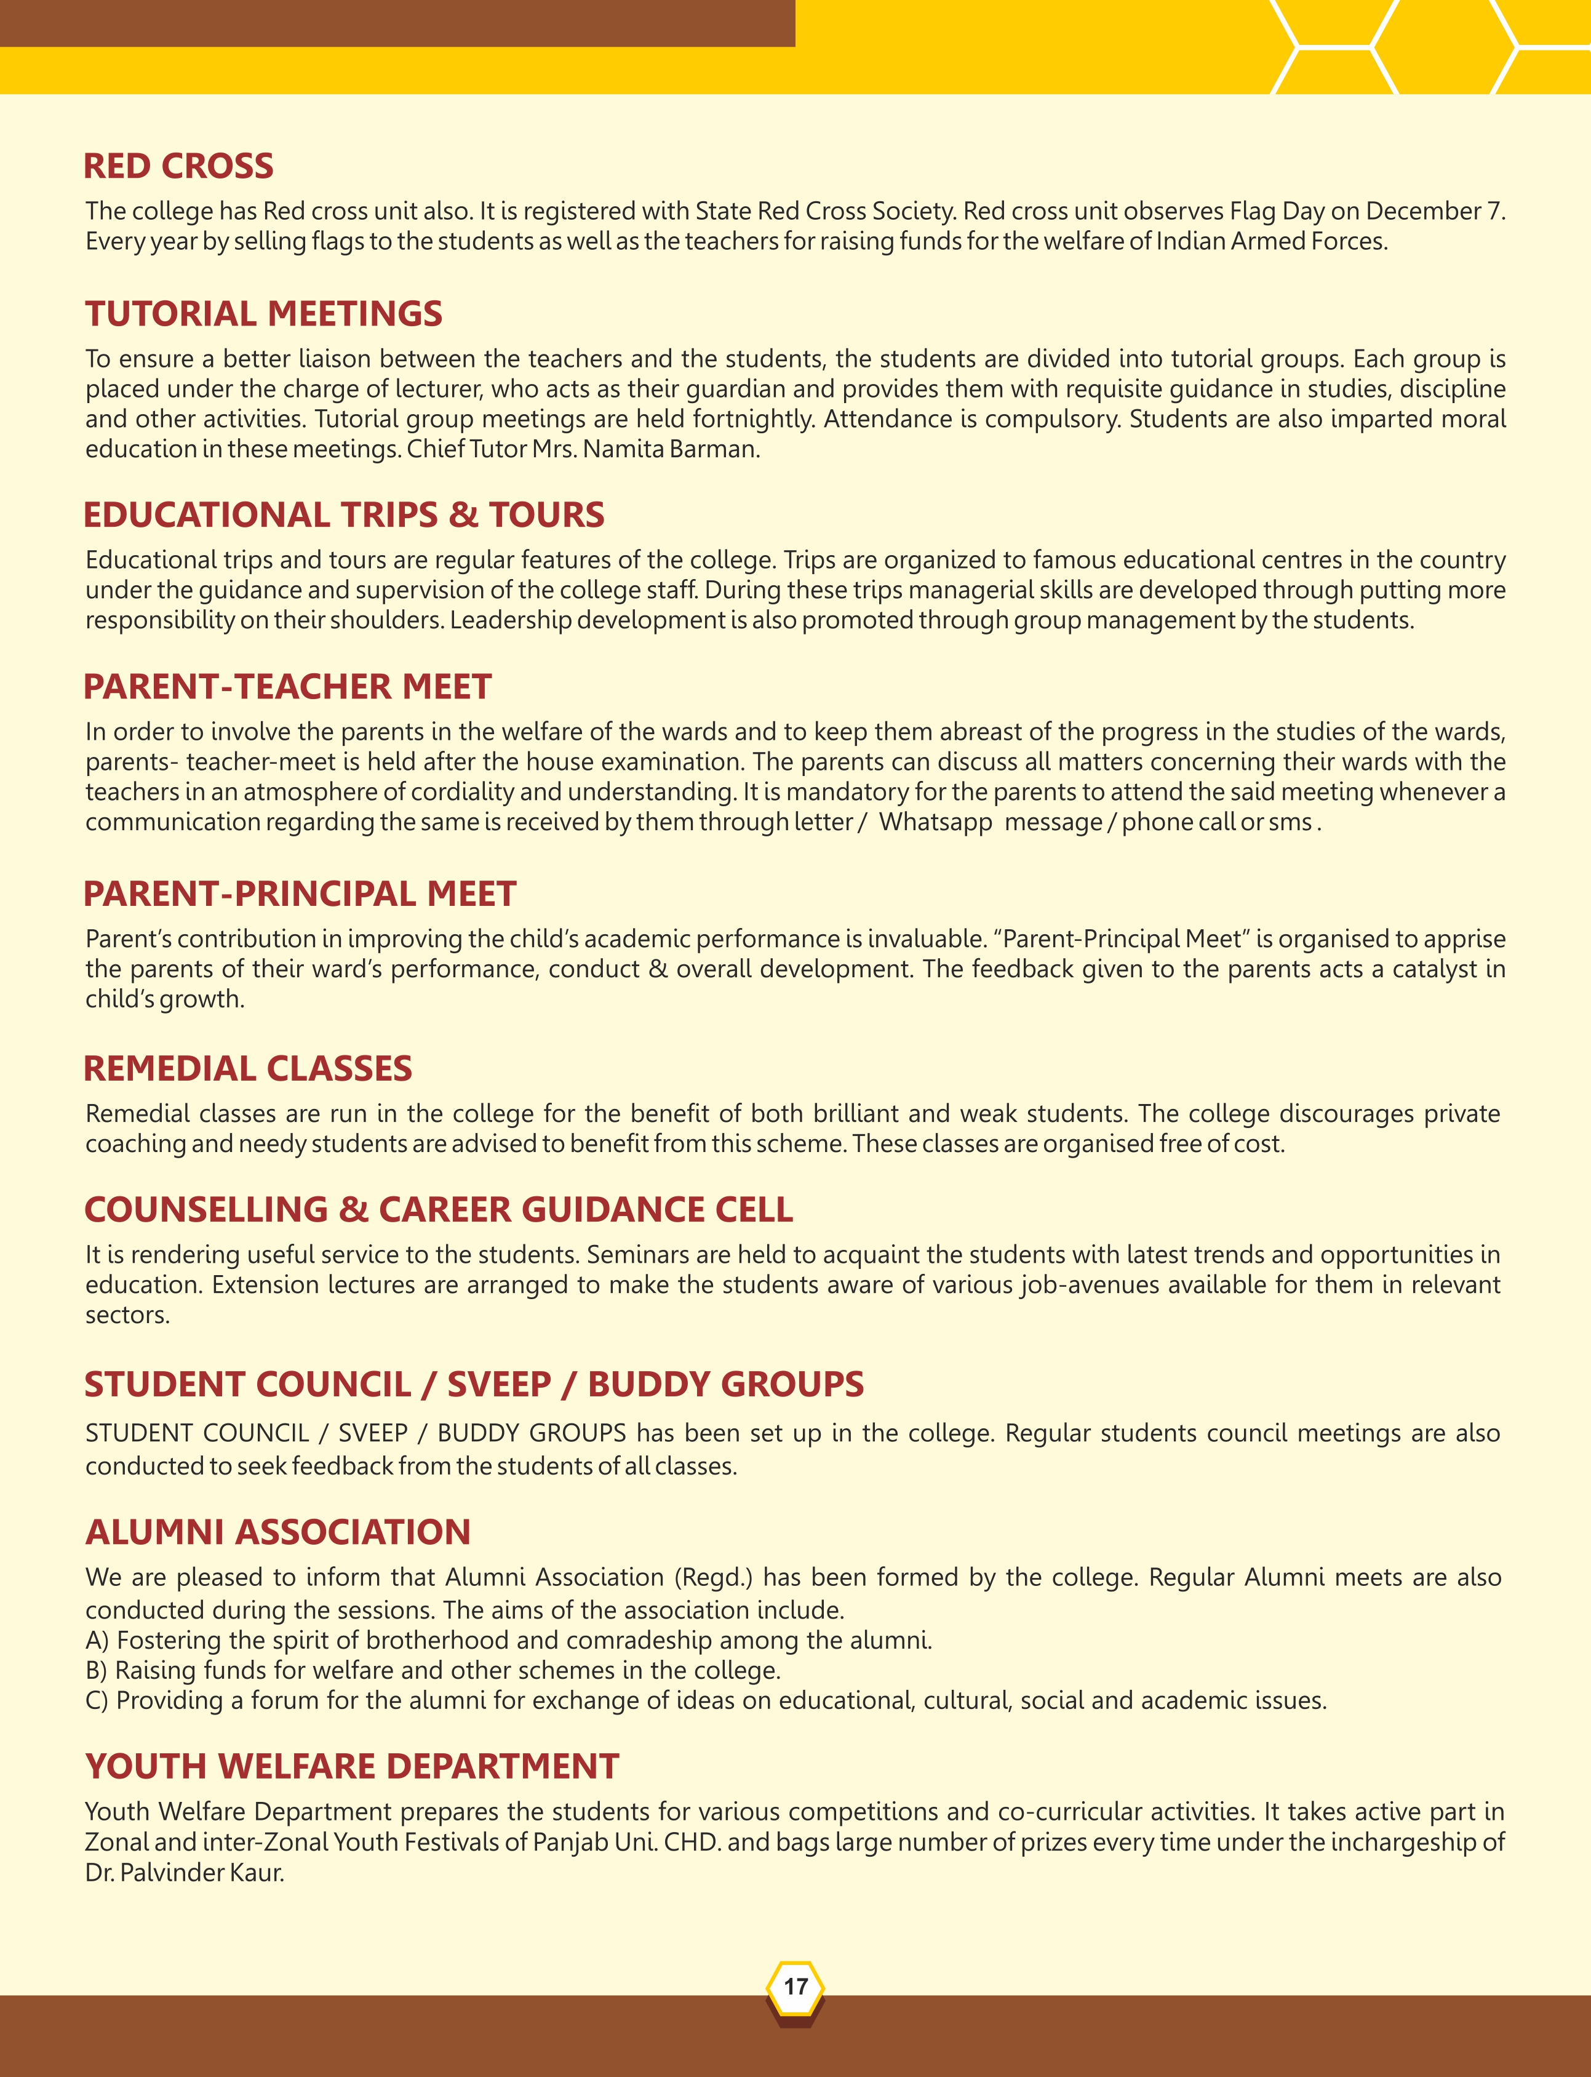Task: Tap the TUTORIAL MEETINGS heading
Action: pyautogui.click(x=263, y=313)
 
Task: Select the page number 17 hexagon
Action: pyautogui.click(x=795, y=1985)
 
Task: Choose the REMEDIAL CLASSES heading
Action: pyautogui.click(x=247, y=1068)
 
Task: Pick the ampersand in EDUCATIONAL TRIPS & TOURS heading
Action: pyautogui.click(x=463, y=514)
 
